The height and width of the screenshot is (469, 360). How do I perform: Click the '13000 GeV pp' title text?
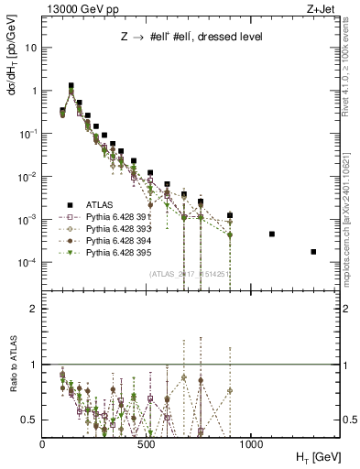pos(80,9)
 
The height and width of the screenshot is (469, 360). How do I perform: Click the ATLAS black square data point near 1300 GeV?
pos(313,252)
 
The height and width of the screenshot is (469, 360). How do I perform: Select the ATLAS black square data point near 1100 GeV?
pos(272,234)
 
